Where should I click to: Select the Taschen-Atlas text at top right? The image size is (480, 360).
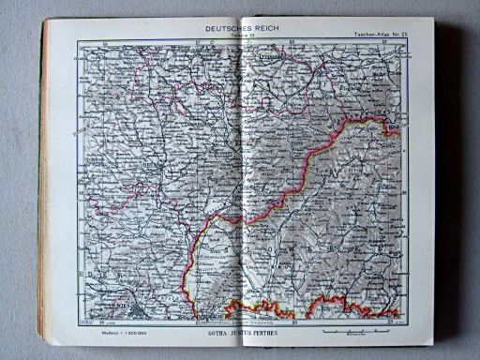pyautogui.click(x=359, y=34)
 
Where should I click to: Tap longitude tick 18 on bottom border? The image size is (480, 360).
pyautogui.click(x=293, y=321)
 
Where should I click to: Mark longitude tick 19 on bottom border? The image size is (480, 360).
pyautogui.click(x=386, y=321)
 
